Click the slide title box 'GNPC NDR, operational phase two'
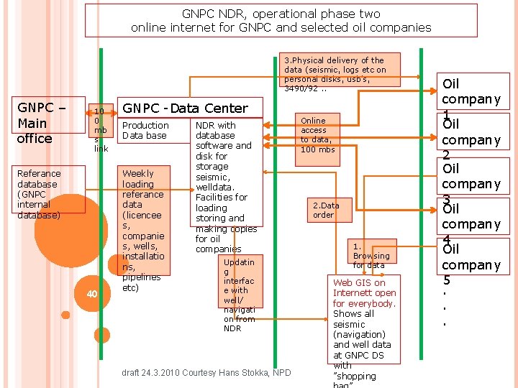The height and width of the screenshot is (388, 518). tap(281, 20)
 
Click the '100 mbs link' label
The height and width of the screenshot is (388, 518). tap(101, 130)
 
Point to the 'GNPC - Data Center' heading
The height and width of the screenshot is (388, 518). tap(186, 108)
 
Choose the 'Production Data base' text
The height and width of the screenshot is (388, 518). tap(145, 130)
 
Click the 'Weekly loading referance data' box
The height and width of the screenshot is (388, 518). tap(143, 230)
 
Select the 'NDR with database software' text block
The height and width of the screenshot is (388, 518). tap(223, 186)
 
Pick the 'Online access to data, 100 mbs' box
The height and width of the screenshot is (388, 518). tap(317, 135)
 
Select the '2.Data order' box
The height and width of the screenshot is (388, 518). tap(324, 210)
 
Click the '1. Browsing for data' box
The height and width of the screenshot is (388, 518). tap(371, 255)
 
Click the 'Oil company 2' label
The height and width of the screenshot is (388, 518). tap(471, 139)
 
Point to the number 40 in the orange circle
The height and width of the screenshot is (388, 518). tap(91, 294)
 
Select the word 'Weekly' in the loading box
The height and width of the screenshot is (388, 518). tap(137, 173)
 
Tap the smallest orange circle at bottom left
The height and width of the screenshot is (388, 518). tap(65, 315)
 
